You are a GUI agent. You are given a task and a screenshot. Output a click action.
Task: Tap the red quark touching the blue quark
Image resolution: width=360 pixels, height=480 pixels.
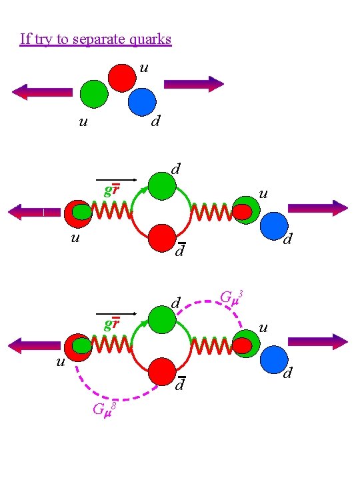[x=122, y=77]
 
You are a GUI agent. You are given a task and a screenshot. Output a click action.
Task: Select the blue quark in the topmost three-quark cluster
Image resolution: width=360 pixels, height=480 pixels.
[x=141, y=102]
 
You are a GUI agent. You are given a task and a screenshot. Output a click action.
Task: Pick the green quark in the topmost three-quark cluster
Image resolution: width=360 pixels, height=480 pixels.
[x=94, y=94]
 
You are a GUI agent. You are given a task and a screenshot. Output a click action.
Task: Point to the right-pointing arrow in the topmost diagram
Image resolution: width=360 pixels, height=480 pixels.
[x=194, y=84]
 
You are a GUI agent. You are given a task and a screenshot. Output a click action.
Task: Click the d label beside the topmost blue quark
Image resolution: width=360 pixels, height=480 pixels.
[x=155, y=121]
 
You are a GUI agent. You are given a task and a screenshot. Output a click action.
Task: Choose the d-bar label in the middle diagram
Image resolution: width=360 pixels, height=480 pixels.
[x=179, y=251]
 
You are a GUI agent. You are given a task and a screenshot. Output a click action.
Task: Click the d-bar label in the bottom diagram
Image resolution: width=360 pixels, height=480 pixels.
[x=179, y=384]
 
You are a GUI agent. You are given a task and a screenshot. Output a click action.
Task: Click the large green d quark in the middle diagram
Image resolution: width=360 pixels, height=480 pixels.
[x=162, y=186]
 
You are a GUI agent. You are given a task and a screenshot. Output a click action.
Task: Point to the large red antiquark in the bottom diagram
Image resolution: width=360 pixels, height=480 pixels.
[x=162, y=371]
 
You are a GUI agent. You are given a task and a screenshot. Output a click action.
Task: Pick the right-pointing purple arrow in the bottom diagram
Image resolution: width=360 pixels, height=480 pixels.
[x=317, y=341]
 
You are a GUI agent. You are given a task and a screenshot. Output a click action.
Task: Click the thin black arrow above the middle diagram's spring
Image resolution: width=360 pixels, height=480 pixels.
[x=117, y=179]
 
